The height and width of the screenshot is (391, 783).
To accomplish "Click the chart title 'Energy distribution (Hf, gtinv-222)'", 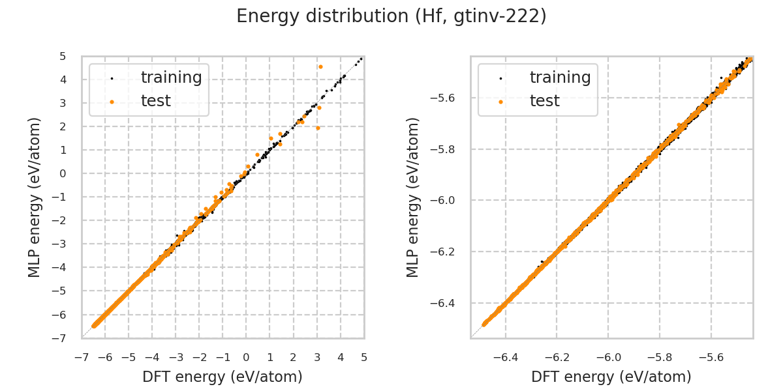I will point(391,16).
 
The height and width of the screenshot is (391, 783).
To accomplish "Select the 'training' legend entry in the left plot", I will point(171,78).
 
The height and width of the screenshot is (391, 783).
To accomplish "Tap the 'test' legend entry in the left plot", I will point(156,101).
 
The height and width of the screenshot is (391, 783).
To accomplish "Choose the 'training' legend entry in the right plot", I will point(560,78).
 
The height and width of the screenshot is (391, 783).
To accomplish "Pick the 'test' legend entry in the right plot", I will point(545,101).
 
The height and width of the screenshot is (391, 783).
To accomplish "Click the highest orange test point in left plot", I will point(320,66).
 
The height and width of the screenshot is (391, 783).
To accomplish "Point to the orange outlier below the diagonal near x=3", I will point(318,128).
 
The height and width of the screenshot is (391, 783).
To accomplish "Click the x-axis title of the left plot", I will point(223,377).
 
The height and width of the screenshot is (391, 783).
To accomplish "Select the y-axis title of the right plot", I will point(413,197).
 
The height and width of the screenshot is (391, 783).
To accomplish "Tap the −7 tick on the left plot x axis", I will point(82,357).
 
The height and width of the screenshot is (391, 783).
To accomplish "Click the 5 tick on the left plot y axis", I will point(63,56).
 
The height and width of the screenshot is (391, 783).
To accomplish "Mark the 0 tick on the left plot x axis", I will point(246,357).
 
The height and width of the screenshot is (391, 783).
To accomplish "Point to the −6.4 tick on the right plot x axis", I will point(506,357).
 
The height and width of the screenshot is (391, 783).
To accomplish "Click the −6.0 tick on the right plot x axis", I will point(608,357).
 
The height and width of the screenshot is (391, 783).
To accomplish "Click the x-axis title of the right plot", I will point(611,377).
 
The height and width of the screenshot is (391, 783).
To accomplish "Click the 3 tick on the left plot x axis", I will point(317,357).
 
